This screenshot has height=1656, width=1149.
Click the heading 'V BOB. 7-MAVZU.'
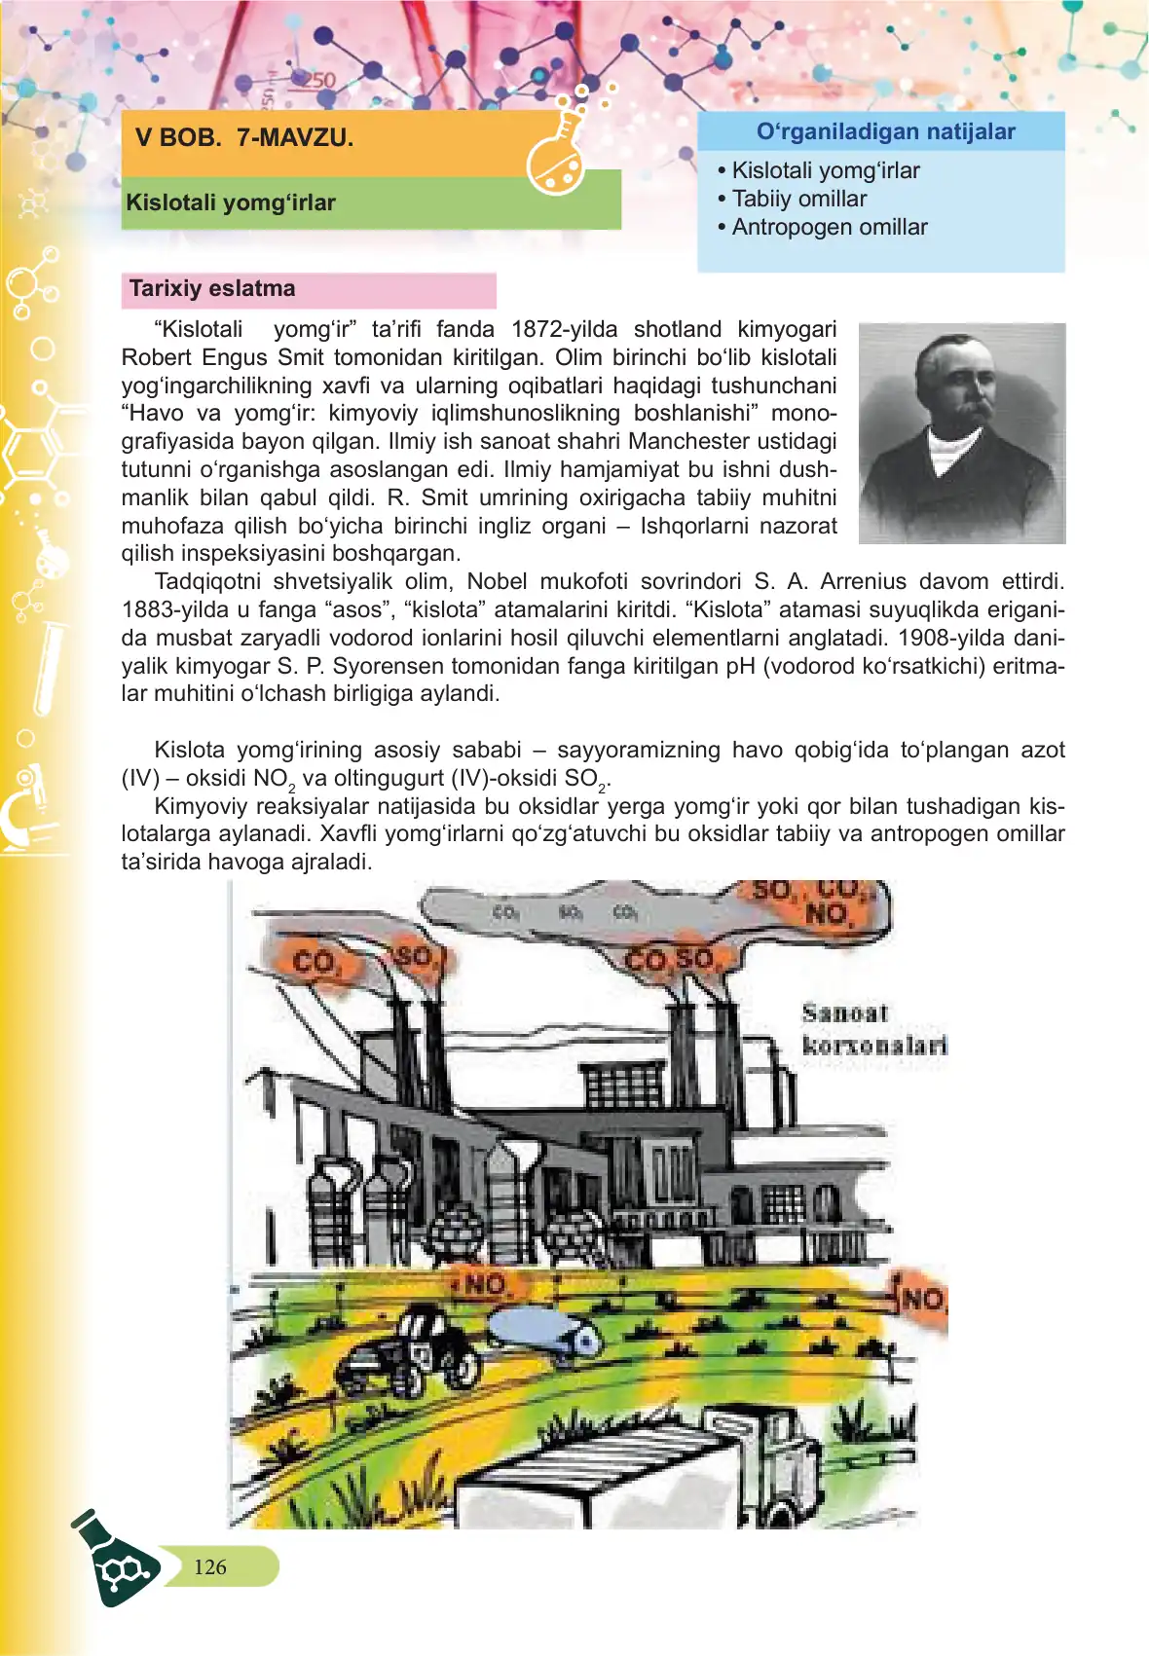[244, 137]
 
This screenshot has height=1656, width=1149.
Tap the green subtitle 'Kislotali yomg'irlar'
[231, 202]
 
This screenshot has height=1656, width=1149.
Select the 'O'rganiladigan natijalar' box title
[885, 132]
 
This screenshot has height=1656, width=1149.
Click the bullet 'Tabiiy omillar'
[798, 199]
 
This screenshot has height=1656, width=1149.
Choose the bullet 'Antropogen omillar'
[829, 227]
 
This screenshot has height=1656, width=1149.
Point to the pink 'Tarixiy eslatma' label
[212, 289]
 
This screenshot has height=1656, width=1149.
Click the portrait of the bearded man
[961, 432]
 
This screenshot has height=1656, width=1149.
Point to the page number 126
[210, 1566]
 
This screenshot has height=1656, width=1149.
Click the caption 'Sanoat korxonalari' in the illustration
[873, 1029]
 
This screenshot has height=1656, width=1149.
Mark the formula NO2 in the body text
[273, 779]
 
